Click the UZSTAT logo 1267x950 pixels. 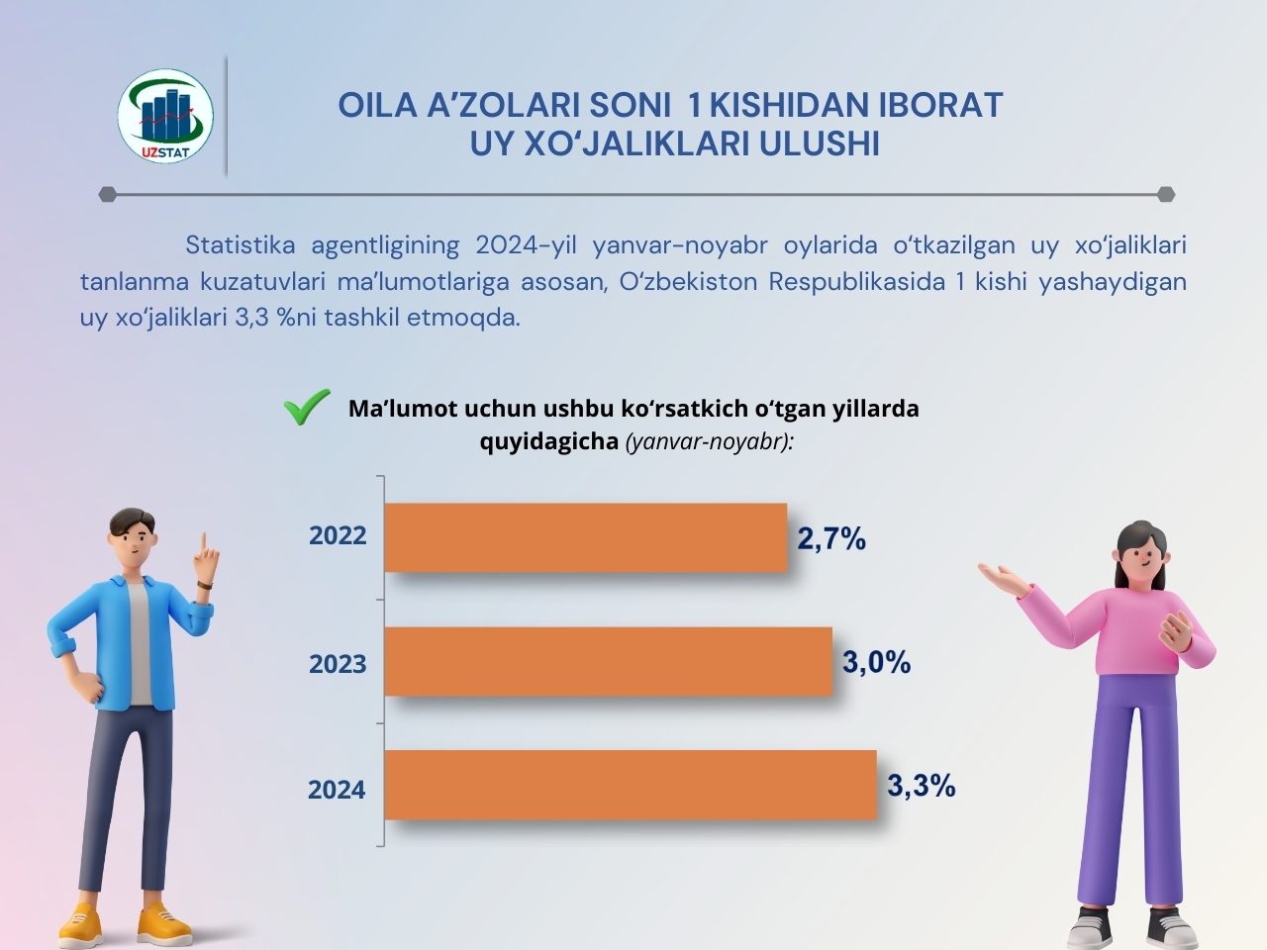165,117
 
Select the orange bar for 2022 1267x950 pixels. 585,537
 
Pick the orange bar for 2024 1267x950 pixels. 630,785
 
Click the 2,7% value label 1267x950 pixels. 831,539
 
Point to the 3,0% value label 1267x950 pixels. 876,662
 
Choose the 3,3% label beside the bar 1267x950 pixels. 921,786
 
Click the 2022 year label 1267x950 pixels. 338,536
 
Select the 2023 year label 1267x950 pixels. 338,664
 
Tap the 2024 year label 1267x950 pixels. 337,790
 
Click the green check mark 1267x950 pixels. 307,407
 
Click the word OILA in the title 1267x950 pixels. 377,105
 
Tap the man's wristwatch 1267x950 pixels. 206,586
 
